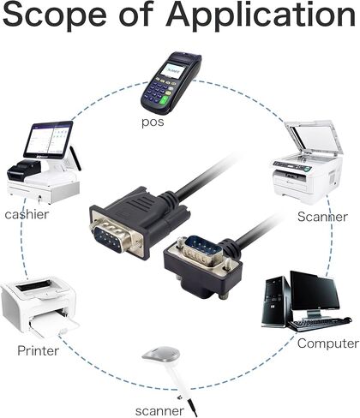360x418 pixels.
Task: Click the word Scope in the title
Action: (55, 15)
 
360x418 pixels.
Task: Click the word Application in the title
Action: (261, 15)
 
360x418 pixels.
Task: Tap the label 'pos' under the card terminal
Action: (153, 122)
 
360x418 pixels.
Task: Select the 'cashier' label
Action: (27, 214)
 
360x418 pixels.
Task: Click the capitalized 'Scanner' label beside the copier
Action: (322, 217)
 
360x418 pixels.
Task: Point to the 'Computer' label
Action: (328, 343)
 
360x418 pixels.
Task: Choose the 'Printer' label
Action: (38, 350)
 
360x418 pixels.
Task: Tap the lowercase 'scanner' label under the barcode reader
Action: (159, 411)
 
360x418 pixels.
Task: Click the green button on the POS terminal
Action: (165, 101)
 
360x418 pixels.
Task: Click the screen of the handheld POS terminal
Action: (171, 70)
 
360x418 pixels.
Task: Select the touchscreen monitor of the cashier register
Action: (49, 140)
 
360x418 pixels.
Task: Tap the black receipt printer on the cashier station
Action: (24, 170)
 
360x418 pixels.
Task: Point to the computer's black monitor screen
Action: (315, 291)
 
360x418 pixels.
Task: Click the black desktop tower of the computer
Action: (276, 302)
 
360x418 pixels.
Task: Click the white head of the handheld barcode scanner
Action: (161, 354)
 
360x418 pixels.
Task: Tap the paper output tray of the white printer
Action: (54, 327)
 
